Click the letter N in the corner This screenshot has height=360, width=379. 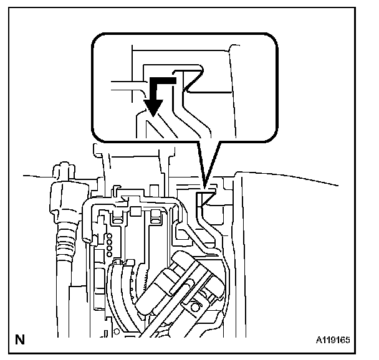click(19, 341)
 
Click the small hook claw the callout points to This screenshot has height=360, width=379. click(205, 199)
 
